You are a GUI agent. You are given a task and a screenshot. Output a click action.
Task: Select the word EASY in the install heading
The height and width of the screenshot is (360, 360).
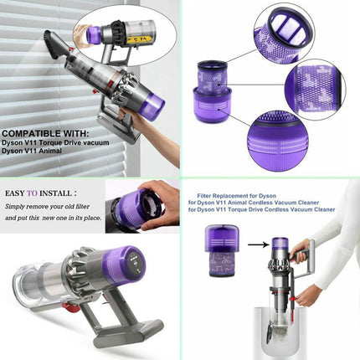click(15, 193)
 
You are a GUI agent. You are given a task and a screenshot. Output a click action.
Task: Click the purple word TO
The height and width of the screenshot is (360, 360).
click(32, 193)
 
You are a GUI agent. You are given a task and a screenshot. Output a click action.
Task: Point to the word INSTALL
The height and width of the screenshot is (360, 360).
click(55, 193)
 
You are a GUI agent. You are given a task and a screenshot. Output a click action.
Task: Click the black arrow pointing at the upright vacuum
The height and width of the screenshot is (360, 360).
click(258, 245)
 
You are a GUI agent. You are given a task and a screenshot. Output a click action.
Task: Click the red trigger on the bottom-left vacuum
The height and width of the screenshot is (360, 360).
click(72, 307)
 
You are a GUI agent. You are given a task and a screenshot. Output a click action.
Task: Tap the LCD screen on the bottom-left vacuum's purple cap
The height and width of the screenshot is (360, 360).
click(136, 262)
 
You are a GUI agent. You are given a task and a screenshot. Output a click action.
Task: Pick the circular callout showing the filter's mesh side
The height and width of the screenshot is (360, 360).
click(316, 90)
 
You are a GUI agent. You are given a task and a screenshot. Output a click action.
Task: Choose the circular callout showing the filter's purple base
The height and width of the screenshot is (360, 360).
click(278, 141)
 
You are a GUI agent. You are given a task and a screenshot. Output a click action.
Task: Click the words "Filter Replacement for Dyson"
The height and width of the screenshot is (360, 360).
click(237, 196)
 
